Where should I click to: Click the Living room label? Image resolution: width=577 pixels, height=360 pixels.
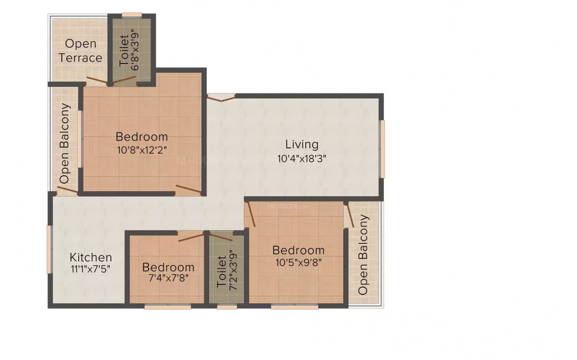pos(302,144)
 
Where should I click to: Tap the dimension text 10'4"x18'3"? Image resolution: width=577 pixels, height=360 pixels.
pos(302,158)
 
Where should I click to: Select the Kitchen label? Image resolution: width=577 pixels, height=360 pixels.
pos(91,257)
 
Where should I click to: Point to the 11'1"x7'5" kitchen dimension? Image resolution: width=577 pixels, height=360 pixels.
pos(91,269)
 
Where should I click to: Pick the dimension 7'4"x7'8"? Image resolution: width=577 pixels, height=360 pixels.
pos(168,279)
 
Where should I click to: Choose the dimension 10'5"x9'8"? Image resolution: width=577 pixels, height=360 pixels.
pos(298,262)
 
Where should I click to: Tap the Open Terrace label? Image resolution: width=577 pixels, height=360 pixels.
pos(80,51)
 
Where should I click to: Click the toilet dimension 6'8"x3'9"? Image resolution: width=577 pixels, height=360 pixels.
pos(135,50)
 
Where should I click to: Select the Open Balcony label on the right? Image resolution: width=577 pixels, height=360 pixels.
pos(363,255)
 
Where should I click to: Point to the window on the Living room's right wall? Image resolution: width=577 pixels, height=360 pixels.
pos(382,149)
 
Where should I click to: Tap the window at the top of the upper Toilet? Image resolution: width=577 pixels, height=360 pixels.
pos(132,15)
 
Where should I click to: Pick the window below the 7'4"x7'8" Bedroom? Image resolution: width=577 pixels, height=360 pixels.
pos(167,307)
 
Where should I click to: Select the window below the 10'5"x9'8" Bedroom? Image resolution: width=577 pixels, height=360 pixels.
pos(295,307)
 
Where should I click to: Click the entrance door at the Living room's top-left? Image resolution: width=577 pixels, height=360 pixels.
pos(221,97)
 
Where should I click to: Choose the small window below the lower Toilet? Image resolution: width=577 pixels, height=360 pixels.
pos(227,307)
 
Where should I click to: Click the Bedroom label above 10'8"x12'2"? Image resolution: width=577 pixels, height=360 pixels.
pos(142,137)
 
